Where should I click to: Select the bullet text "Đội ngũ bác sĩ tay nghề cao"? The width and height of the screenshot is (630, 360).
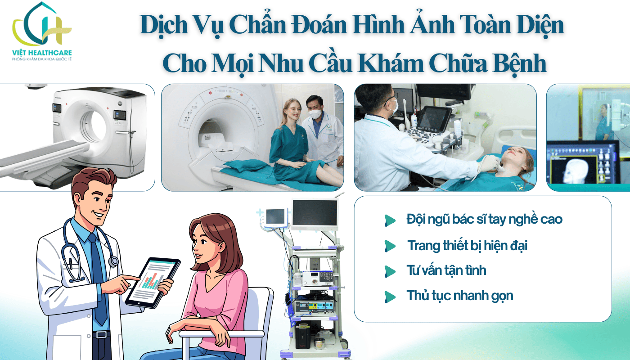[484, 220]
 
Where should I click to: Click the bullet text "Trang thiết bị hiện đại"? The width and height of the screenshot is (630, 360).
[467, 246]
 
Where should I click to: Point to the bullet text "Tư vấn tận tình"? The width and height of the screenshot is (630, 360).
[446, 271]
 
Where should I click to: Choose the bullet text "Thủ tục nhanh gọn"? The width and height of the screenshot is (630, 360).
[460, 296]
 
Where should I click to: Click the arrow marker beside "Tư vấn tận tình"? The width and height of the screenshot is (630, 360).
[390, 271]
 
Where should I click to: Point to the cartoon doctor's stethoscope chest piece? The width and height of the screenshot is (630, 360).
[113, 261]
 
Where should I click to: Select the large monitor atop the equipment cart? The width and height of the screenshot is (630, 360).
[315, 214]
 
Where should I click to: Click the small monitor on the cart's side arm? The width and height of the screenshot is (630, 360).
[275, 217]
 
